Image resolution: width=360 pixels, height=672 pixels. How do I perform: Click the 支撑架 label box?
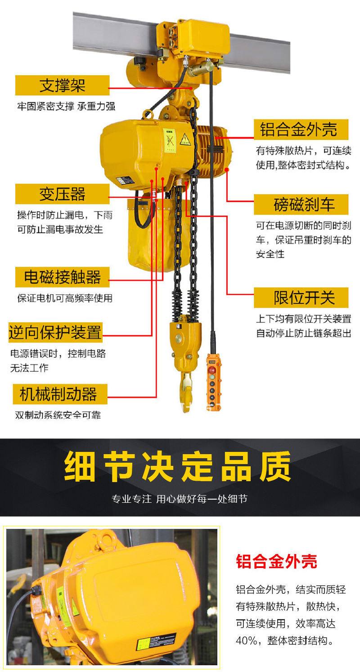pyautogui.click(x=63, y=86)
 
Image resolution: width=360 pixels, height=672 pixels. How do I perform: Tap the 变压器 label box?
pyautogui.click(x=63, y=194)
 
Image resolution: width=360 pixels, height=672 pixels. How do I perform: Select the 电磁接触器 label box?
pyautogui.click(x=63, y=277)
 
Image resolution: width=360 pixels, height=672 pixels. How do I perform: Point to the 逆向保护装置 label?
pyautogui.click(x=55, y=333)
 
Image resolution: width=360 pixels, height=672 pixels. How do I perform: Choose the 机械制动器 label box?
pyautogui.click(x=60, y=394)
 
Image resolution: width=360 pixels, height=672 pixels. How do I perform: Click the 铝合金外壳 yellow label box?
pyautogui.click(x=301, y=130)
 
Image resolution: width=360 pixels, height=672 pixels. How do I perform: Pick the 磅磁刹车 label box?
pyautogui.click(x=301, y=205)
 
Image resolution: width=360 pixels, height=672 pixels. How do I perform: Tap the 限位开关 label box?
pyautogui.click(x=301, y=298)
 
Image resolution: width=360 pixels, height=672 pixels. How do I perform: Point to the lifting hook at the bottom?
pyautogui.click(x=186, y=392)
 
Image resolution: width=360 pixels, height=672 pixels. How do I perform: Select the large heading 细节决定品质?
pyautogui.click(x=178, y=467)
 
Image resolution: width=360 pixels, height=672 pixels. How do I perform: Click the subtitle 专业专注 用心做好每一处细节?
pyautogui.click(x=180, y=499)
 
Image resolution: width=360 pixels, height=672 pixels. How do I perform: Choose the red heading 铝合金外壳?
pyautogui.click(x=276, y=562)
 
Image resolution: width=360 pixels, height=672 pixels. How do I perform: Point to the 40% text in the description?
pyautogui.click(x=247, y=640)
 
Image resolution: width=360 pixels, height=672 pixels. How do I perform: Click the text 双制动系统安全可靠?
pyautogui.click(x=58, y=415)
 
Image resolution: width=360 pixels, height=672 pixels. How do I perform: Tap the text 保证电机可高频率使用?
pyautogui.click(x=65, y=298)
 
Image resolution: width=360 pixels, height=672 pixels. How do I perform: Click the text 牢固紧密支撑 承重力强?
pyautogui.click(x=66, y=106)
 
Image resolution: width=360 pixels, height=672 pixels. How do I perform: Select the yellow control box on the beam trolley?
pyautogui.click(x=203, y=37)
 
